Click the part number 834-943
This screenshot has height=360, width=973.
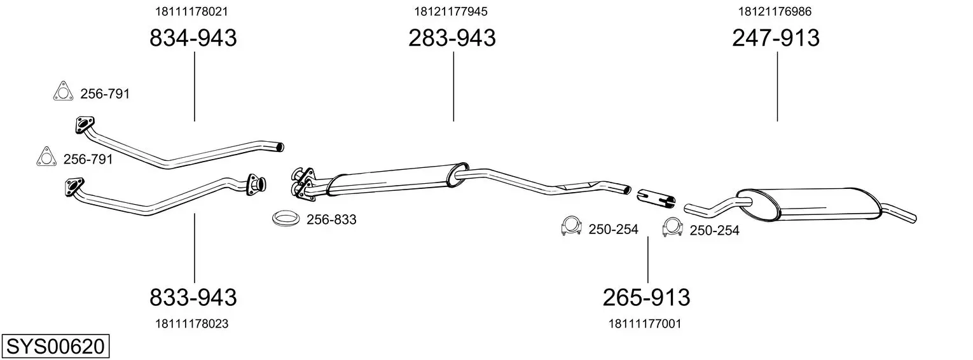click(193, 38)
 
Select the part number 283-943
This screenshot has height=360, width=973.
click(452, 38)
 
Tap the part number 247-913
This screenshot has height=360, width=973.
click(776, 38)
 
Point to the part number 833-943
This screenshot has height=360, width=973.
click(193, 298)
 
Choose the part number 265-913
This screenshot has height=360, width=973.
click(646, 298)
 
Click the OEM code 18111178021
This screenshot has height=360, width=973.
click(191, 11)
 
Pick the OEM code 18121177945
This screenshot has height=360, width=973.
click(451, 11)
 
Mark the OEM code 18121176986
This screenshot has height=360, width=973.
click(775, 11)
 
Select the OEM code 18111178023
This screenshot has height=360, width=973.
click(191, 324)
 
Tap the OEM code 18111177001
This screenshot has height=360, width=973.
click(645, 324)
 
